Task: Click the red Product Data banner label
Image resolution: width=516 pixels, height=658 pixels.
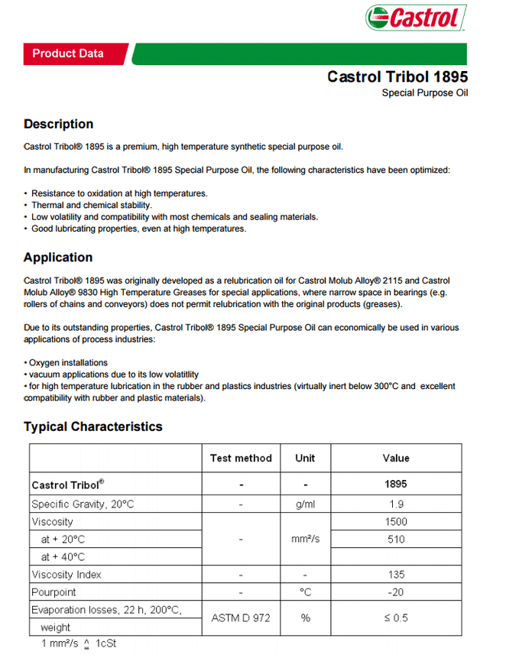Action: pos(68,53)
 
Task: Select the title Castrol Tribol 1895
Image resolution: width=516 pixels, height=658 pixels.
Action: pos(398,76)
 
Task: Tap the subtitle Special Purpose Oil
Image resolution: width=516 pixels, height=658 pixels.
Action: pos(424,93)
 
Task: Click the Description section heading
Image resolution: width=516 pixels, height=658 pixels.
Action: pos(58,124)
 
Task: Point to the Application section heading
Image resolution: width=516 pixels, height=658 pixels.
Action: pos(58,258)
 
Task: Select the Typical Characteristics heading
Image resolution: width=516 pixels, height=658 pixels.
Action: pos(92,426)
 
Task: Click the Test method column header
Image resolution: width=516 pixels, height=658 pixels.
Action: pos(241,458)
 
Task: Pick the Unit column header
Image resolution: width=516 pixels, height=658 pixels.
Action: pos(305,458)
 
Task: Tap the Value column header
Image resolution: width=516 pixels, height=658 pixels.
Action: pos(396,458)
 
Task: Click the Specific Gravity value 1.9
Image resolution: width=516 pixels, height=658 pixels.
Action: pos(396,504)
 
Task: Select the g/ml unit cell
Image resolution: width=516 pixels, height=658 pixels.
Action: pos(305,504)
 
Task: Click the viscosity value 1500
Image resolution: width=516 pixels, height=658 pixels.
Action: pos(396,522)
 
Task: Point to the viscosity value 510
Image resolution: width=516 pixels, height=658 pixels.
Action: pos(396,540)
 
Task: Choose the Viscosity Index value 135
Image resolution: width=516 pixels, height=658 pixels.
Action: pos(396,575)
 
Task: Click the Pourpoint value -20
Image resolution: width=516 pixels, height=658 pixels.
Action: pos(396,592)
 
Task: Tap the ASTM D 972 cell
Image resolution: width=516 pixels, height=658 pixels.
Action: pos(241,617)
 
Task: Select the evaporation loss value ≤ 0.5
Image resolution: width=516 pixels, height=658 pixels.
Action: pos(396,617)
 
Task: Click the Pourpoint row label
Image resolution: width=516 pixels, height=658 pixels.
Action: pos(54,592)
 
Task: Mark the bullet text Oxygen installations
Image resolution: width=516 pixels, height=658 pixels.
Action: pos(68,362)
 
